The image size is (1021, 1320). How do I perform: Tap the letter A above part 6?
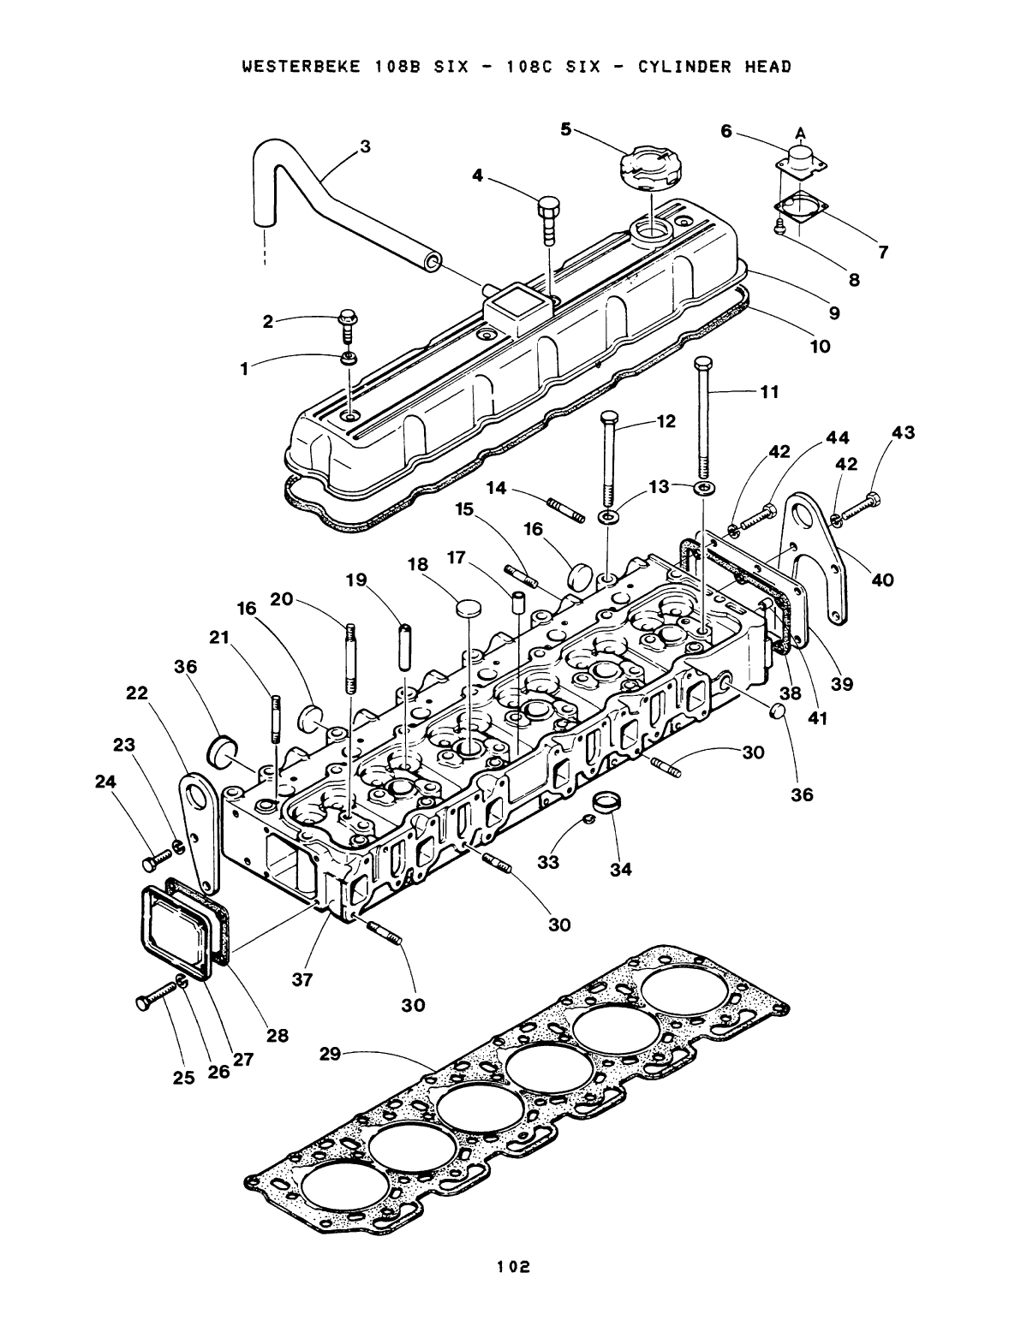point(801,132)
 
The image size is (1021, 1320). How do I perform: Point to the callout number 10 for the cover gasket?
point(820,346)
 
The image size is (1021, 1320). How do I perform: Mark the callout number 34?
point(620,871)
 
